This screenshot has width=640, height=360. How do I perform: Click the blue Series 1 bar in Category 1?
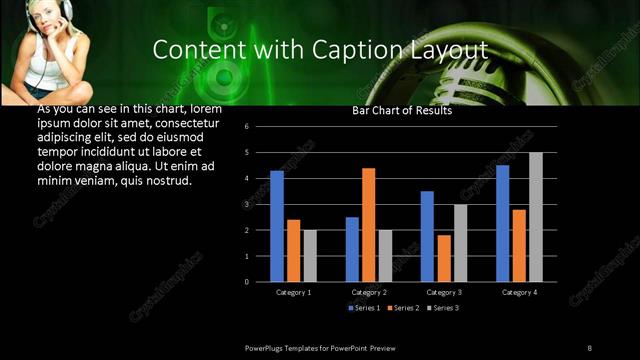(277, 226)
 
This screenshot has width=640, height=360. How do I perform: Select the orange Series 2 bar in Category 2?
(368, 225)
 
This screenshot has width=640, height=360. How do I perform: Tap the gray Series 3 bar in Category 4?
(536, 217)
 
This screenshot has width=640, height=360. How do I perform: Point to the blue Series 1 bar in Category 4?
(502, 223)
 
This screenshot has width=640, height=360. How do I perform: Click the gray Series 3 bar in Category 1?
(310, 256)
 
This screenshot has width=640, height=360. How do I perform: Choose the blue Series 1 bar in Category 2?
(352, 249)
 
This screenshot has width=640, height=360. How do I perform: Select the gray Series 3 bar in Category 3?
(460, 243)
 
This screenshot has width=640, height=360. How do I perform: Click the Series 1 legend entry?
(363, 307)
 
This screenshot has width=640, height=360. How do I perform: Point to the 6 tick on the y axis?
(260, 127)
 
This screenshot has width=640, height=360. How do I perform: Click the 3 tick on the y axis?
(260, 204)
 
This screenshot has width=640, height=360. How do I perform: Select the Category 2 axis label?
(369, 292)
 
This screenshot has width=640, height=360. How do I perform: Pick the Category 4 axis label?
(518, 292)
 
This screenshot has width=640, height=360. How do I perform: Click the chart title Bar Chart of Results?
(402, 111)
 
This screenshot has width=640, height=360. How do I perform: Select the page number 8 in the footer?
(589, 347)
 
